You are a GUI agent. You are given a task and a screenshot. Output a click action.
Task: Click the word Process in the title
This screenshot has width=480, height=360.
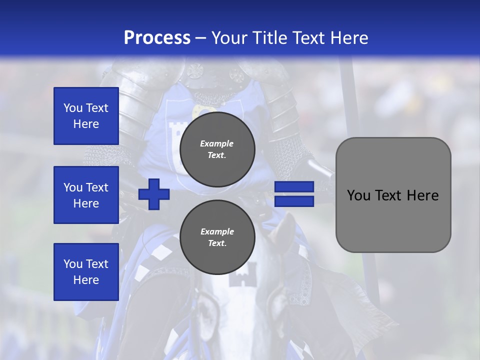(157, 38)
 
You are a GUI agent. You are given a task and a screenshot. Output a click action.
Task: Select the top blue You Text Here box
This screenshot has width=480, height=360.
(86, 116)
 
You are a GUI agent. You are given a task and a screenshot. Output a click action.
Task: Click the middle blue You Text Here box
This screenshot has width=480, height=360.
(86, 195)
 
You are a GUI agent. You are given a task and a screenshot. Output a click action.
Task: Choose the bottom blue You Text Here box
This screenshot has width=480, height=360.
(86, 272)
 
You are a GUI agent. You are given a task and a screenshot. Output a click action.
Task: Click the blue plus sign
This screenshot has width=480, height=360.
(154, 194)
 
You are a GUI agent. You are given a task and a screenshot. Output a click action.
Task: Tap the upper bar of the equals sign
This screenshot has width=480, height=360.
(294, 187)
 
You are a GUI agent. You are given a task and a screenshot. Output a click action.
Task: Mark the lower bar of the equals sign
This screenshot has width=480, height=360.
(294, 201)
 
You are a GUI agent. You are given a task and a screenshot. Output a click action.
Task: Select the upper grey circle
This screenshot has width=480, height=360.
(217, 149)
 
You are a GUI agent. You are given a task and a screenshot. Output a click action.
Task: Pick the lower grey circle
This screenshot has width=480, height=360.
(217, 237)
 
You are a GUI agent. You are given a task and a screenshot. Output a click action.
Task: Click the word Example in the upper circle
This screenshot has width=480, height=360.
(217, 143)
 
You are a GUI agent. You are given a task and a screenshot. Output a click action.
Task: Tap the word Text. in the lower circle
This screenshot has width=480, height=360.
(217, 243)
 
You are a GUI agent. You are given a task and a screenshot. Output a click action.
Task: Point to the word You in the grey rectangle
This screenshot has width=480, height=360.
(359, 195)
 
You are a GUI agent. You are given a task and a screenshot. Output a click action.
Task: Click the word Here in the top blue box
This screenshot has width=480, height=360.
(86, 124)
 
